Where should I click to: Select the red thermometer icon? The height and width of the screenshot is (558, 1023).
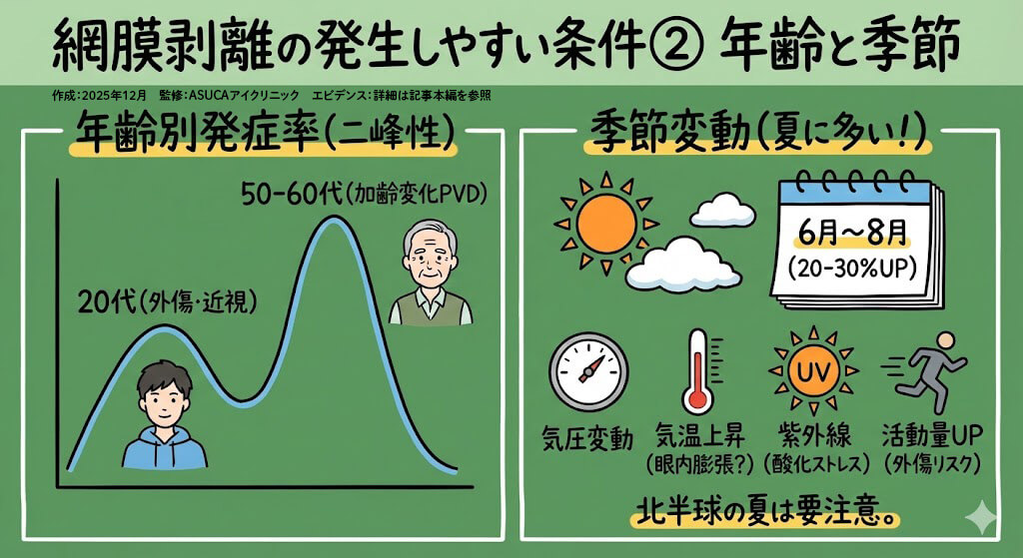click(695, 371)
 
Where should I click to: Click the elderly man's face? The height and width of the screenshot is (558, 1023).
click(431, 259)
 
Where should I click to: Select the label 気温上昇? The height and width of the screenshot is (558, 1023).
click(695, 436)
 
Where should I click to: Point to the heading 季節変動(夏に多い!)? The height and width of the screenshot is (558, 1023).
click(760, 133)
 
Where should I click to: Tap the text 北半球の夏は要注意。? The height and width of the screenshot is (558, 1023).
click(766, 512)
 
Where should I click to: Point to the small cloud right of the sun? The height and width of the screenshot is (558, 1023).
click(721, 209)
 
